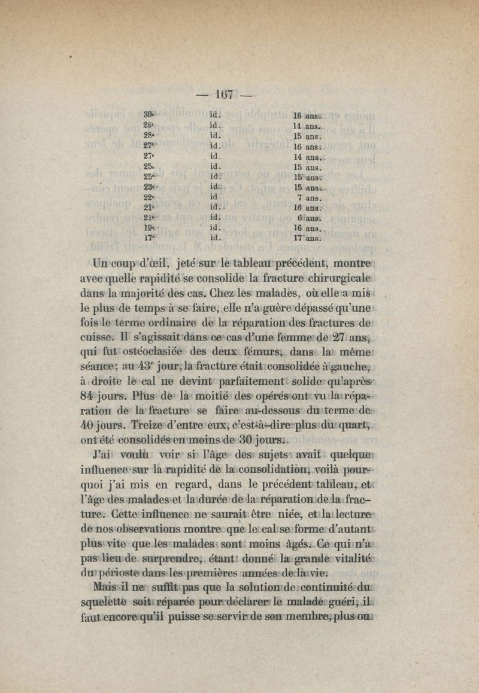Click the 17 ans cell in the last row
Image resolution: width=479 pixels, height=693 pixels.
308,238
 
